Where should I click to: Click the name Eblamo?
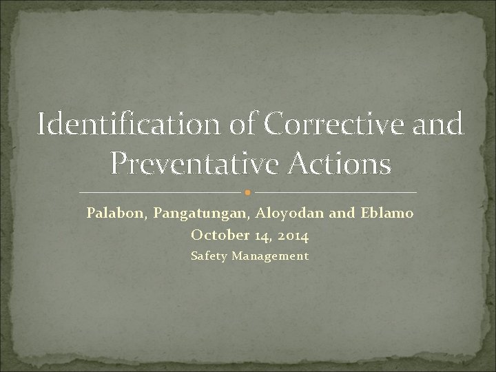(386, 214)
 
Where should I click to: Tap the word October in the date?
(216, 236)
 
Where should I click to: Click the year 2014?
(292, 236)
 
